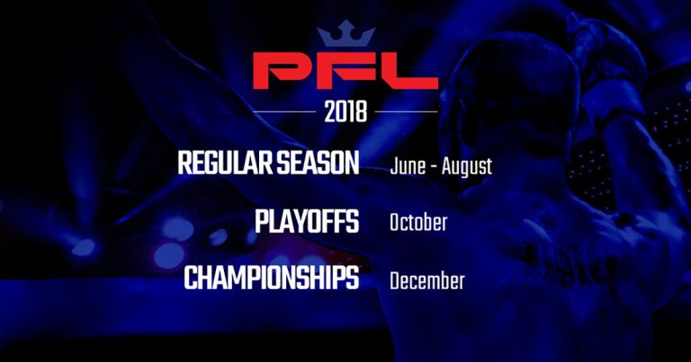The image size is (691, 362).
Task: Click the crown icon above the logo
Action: point(345,33)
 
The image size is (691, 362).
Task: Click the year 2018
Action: point(345,111)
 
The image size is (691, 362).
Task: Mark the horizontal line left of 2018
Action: point(284,111)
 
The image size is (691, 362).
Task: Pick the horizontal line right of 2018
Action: point(406,111)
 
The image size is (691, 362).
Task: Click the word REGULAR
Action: point(225,163)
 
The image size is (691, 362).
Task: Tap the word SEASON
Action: point(318,163)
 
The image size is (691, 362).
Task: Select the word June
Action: point(408,167)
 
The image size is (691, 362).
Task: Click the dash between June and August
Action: point(434,168)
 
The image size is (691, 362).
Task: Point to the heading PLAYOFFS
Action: point(307,222)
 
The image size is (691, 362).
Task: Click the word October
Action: point(418,222)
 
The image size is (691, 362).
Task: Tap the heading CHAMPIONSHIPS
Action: point(272,278)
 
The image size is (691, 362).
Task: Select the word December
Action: point(427,281)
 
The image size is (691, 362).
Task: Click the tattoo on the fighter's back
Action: point(569,266)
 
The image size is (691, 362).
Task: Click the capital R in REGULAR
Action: point(184,163)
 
